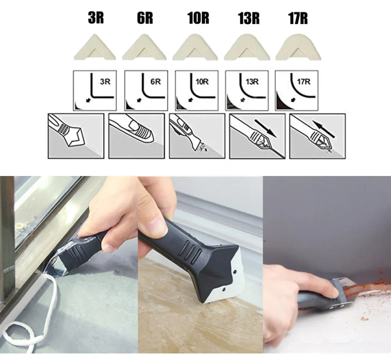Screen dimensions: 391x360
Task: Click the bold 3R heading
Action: pos(96,18)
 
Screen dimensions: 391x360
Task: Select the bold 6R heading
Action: pos(145,18)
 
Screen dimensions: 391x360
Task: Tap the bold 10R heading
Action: pos(198,18)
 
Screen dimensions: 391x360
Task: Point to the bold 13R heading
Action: pos(248,18)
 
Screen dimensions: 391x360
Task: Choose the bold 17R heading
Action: pos(298,18)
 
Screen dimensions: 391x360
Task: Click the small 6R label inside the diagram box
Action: pos(156,81)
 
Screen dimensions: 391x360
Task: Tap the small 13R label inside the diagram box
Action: pos(252,81)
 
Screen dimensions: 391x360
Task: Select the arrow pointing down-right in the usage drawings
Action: pos(266,128)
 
